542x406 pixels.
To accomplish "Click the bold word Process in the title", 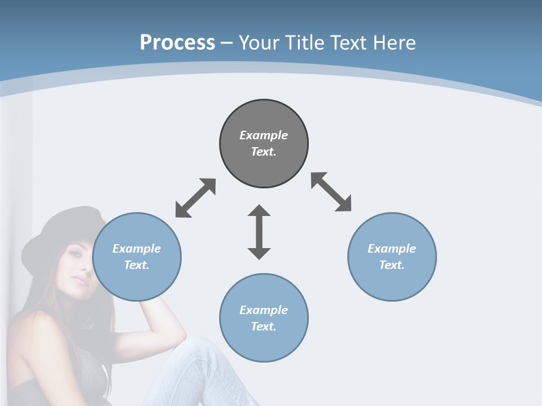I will tap(177, 43).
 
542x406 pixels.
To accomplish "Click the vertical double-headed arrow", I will tap(259, 232).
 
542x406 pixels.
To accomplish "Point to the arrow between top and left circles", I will tap(195, 198).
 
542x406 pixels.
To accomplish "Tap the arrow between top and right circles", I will tap(331, 192).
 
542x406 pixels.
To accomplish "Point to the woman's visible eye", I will tap(75, 253).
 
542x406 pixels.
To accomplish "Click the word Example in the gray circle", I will tap(264, 135).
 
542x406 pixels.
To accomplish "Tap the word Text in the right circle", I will tap(391, 265).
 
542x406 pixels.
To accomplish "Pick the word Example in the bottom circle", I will tap(264, 310).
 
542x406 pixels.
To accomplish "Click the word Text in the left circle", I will tap(135, 265).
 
